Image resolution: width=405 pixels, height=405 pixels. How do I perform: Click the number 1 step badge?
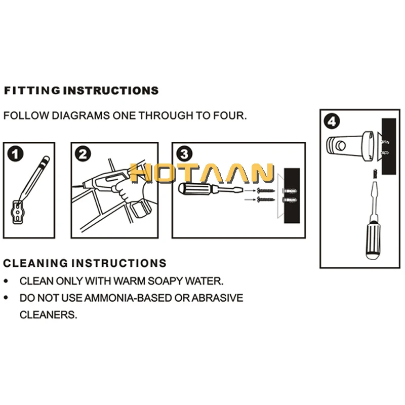(17, 153)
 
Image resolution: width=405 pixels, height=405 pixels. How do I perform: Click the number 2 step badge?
(83, 153)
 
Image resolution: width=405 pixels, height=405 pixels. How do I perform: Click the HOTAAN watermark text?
(202, 174)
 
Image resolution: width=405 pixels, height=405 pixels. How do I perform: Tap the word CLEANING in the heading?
(35, 263)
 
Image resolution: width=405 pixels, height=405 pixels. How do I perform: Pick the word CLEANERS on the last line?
(48, 314)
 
